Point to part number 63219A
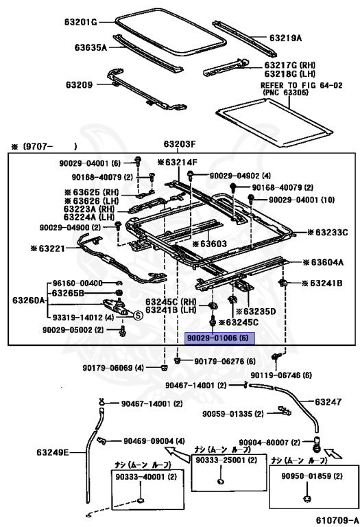click(287, 38)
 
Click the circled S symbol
click(136, 315)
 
